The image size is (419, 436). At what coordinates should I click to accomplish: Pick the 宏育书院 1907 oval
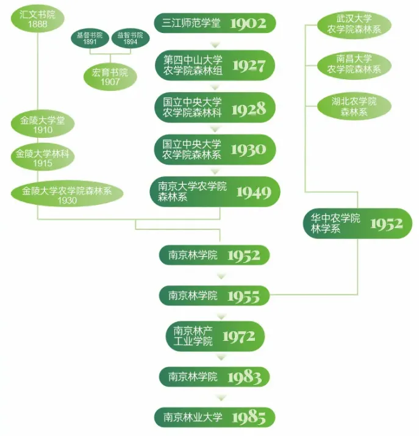pyautogui.click(x=110, y=77)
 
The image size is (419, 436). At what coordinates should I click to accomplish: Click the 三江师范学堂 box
pyautogui.click(x=215, y=23)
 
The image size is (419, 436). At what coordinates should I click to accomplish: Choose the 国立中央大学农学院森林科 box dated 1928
pyautogui.click(x=215, y=107)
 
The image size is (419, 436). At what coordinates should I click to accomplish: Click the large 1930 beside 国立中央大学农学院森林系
pyautogui.click(x=249, y=149)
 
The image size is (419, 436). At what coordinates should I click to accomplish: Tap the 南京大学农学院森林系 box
pyautogui.click(x=215, y=191)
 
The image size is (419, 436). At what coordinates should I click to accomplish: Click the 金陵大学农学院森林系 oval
pyautogui.click(x=67, y=195)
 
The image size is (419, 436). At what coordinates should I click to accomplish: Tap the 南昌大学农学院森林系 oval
pyautogui.click(x=354, y=64)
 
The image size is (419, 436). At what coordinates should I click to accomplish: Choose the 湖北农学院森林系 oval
pyautogui.click(x=354, y=106)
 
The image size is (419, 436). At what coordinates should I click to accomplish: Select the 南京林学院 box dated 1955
pyautogui.click(x=214, y=296)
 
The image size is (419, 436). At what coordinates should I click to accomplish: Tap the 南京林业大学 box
pyautogui.click(x=214, y=418)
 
